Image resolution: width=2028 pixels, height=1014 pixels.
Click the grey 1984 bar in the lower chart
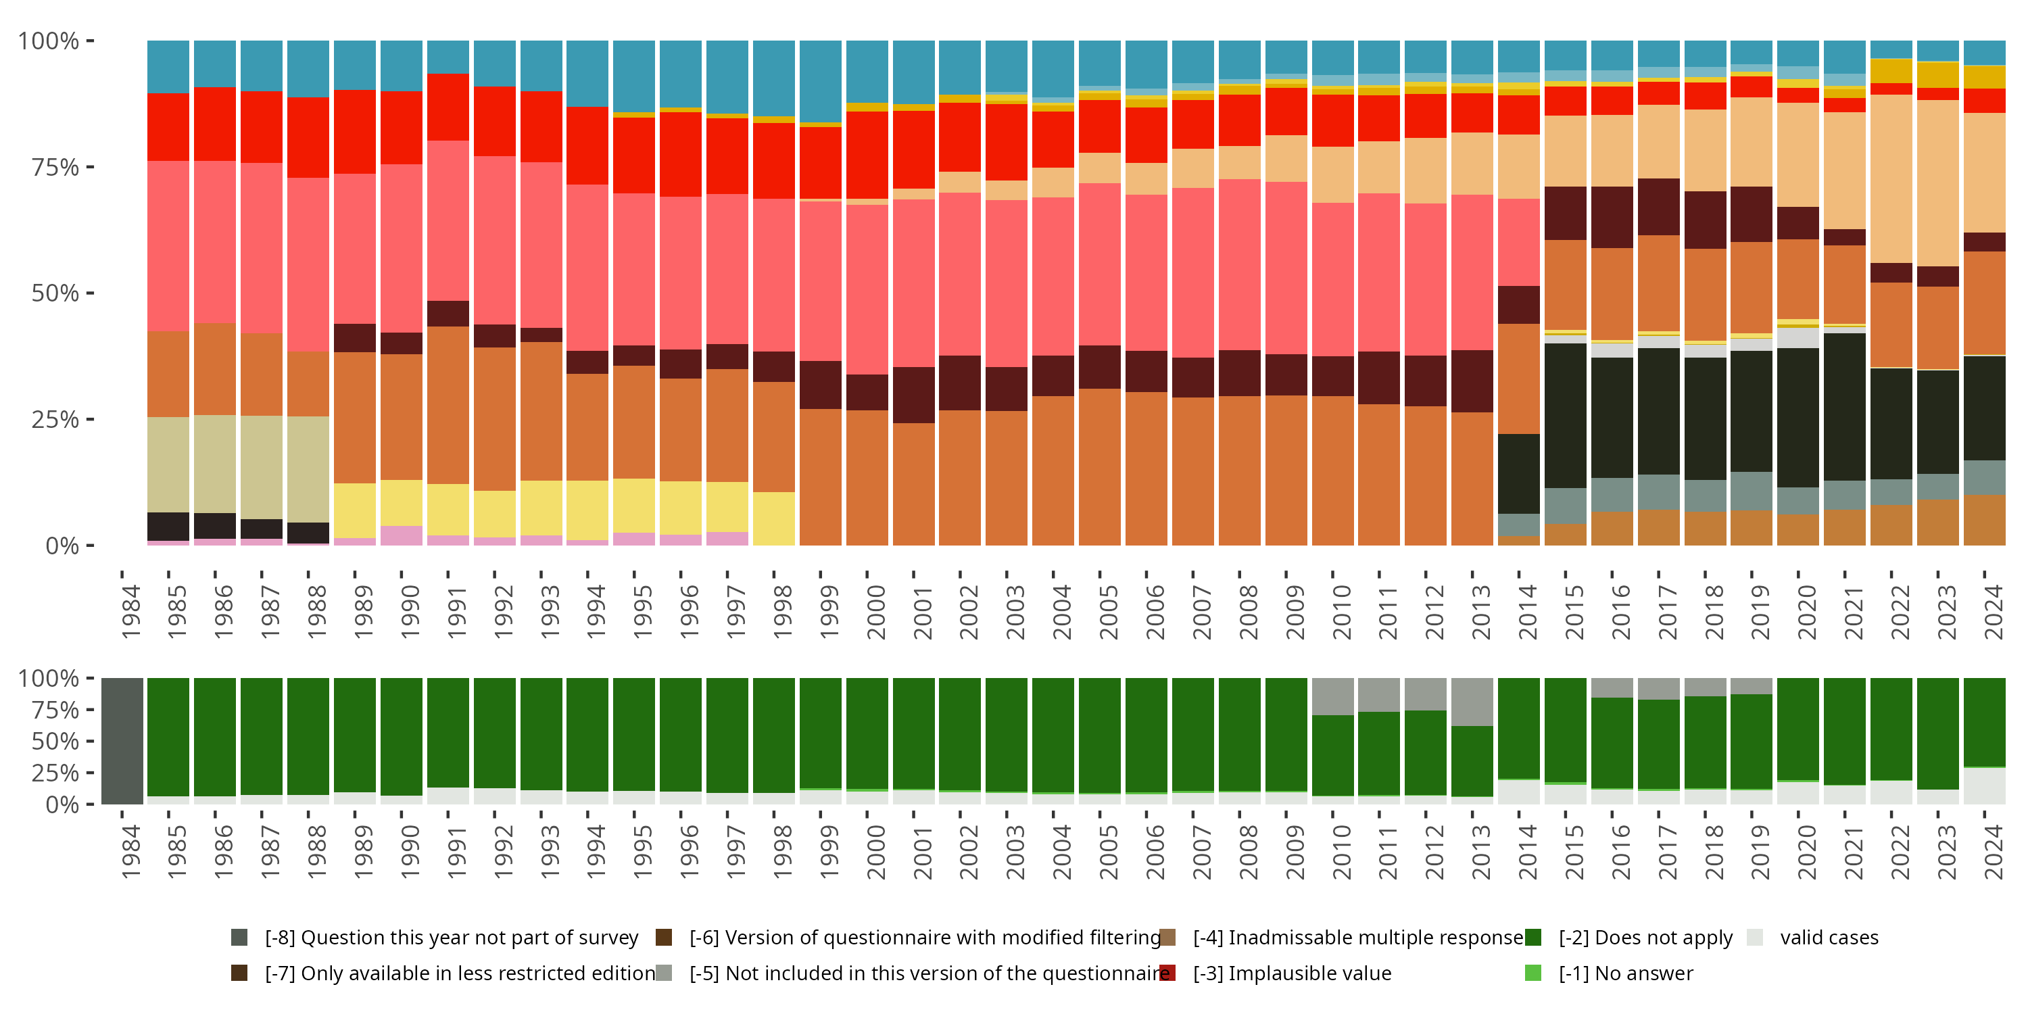point(122,741)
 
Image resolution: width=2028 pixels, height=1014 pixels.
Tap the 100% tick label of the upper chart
point(49,41)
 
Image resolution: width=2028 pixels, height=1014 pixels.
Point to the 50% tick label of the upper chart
point(55,293)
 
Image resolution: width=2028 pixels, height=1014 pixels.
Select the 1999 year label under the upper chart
point(829,612)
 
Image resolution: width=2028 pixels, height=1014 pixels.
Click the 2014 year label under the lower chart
point(1528,852)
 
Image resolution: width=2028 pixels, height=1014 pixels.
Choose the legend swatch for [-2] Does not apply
point(1532,937)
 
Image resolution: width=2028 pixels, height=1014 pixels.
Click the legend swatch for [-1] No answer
point(1532,973)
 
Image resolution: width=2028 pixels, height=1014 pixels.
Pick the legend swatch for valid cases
point(1754,937)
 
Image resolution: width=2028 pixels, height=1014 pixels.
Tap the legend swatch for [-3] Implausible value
point(1167,973)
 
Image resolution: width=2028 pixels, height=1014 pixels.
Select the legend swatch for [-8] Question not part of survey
point(239,937)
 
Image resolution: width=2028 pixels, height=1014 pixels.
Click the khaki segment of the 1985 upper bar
point(168,464)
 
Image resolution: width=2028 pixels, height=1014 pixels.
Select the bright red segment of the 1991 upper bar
point(448,107)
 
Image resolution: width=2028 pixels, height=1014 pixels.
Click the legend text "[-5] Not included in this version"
point(929,973)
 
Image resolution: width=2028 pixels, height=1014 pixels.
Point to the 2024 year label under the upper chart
point(1994,612)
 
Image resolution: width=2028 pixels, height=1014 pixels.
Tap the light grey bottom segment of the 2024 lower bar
point(1984,786)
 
